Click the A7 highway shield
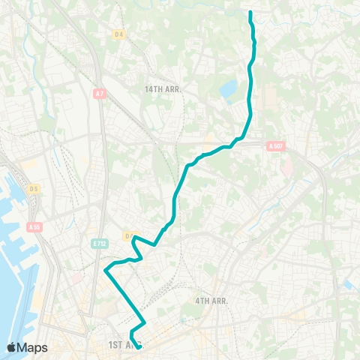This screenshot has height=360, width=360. point(100,93)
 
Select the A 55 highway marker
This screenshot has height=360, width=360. point(34,226)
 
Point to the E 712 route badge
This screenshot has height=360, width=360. point(100,243)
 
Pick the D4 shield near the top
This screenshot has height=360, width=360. point(118,34)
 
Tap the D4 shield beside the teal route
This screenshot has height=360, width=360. point(128,236)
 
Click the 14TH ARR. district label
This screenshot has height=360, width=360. point(163,88)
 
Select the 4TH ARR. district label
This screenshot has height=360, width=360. point(211,301)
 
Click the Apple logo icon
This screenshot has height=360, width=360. point(12,347)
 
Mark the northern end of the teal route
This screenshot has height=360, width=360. point(250,12)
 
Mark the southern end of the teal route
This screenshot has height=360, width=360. point(139,346)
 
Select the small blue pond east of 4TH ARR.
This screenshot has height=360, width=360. point(348,284)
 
